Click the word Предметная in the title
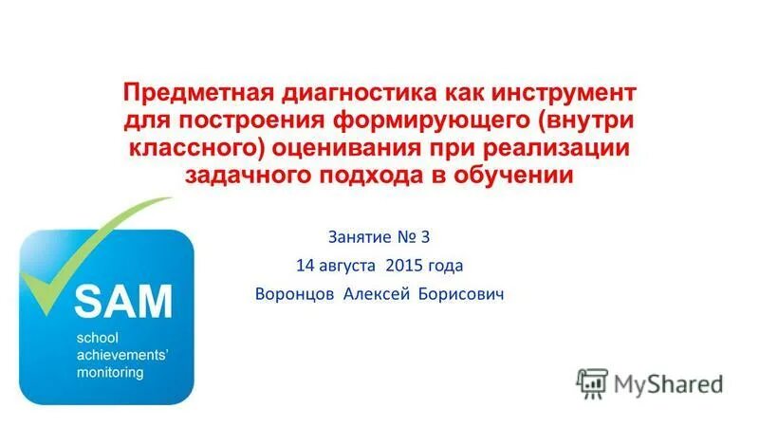point(190,95)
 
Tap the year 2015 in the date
point(406,265)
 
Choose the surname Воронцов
point(293,294)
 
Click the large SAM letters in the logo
point(123,303)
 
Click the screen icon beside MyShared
point(593,382)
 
